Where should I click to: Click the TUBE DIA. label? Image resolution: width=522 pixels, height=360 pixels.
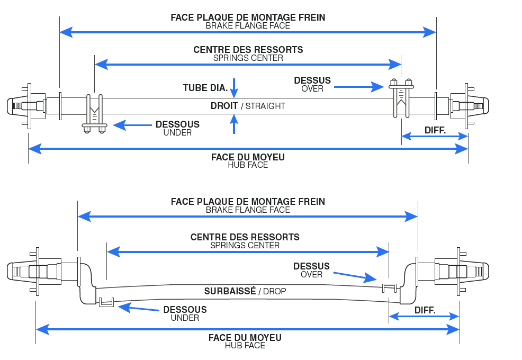[x=205, y=88]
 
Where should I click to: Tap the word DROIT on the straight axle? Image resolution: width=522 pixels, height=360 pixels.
[x=224, y=106]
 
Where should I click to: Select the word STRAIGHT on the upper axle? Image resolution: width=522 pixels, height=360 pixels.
[x=265, y=106]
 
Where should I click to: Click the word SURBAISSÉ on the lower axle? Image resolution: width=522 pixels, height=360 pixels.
[x=230, y=291]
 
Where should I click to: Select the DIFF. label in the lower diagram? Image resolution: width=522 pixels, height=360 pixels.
[x=425, y=310]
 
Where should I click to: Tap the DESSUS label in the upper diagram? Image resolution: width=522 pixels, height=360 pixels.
[x=312, y=80]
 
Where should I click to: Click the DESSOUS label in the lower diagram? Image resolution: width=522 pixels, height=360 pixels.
[x=185, y=310]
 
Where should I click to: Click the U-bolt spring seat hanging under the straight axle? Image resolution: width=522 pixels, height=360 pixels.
[x=94, y=114]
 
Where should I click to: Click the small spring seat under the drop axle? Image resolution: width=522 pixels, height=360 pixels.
[x=106, y=302]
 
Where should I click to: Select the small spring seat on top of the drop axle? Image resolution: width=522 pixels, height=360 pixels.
[x=390, y=287]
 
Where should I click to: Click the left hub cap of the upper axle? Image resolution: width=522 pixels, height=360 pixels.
[x=14, y=105]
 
